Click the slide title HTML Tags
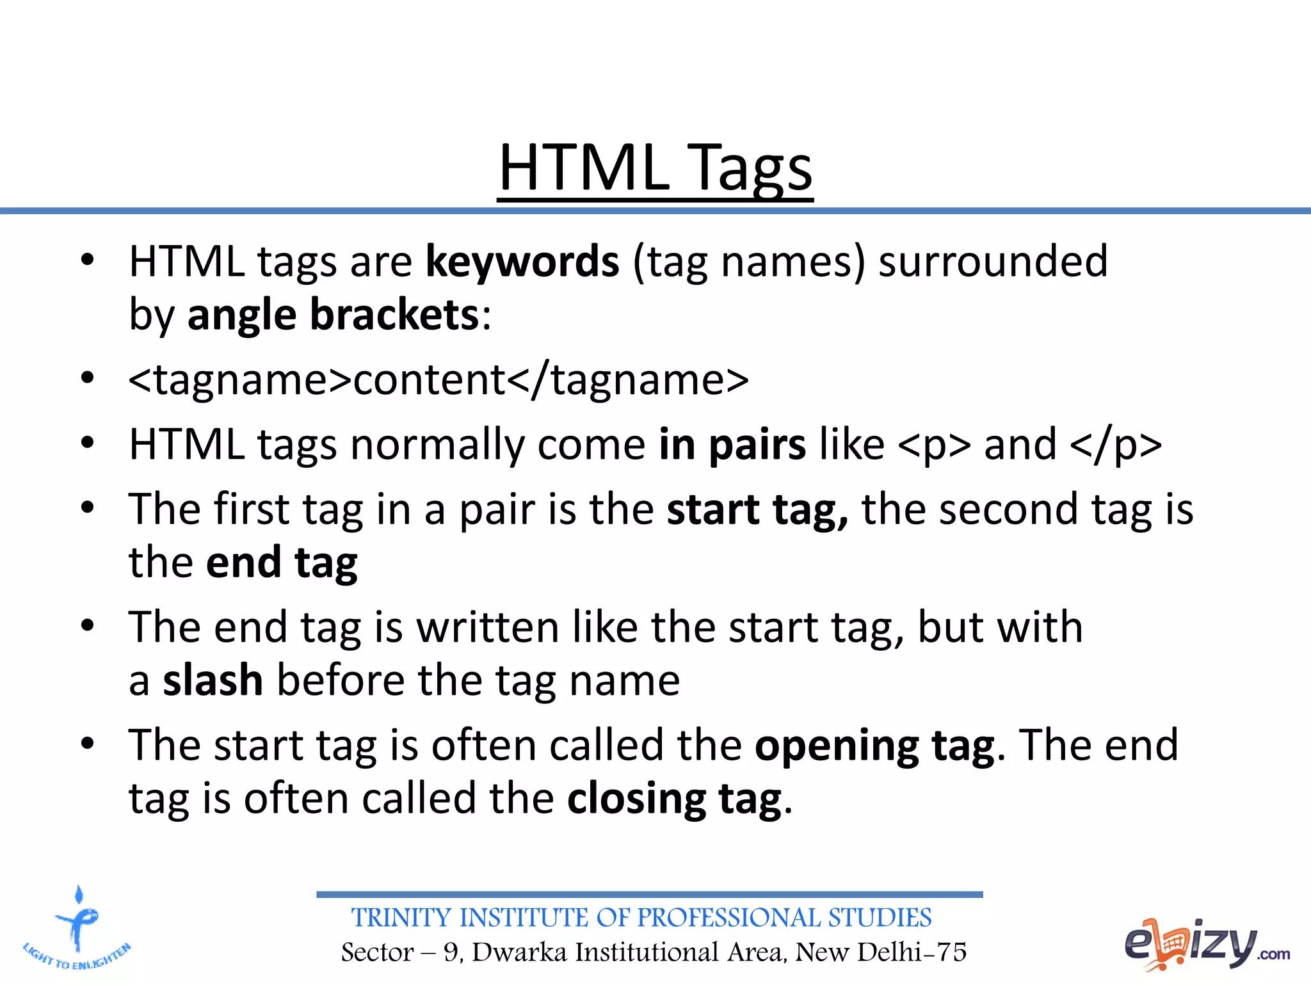(x=655, y=168)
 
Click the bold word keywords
(x=522, y=262)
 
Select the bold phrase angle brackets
(x=333, y=315)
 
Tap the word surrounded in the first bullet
(x=993, y=262)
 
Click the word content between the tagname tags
(x=429, y=380)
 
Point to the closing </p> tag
(x=1115, y=445)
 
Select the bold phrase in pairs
(x=732, y=445)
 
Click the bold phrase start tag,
(x=757, y=510)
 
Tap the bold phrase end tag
(x=282, y=563)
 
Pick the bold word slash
(x=213, y=680)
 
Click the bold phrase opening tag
(x=874, y=746)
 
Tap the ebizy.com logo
(x=1206, y=944)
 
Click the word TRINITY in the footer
(x=401, y=918)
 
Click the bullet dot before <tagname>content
(x=88, y=378)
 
